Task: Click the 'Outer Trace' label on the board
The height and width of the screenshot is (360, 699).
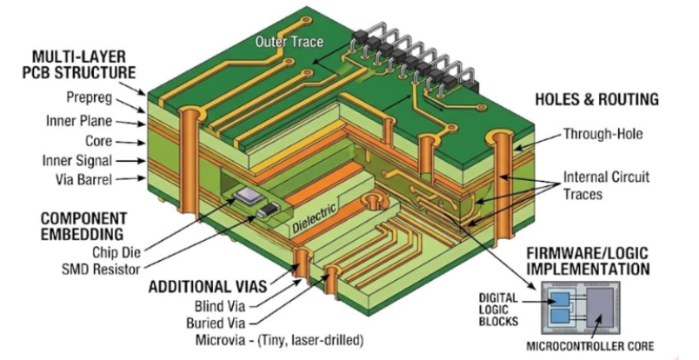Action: coord(289,42)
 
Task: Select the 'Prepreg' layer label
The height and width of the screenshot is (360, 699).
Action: coord(90,97)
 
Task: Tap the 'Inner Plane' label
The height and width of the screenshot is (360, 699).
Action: coord(79,122)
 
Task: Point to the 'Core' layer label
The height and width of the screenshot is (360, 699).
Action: coord(98,141)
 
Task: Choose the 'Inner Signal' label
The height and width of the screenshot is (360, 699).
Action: coord(77,161)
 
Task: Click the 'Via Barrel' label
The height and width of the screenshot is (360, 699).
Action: coord(83,179)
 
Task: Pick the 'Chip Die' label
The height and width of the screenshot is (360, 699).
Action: coord(116,252)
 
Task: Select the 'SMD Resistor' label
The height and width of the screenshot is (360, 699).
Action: coord(101,270)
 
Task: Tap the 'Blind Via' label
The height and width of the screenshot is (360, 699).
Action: coord(220,306)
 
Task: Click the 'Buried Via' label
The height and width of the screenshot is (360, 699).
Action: coord(216,323)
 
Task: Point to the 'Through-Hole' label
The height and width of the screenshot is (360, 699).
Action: coord(602,133)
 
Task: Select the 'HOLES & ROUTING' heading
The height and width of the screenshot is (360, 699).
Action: coord(596,99)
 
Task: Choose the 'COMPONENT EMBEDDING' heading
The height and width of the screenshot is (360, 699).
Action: coord(83,226)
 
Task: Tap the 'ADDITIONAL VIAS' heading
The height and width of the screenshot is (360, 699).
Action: coord(207,286)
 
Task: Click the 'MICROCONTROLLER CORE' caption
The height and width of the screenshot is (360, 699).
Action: coord(590,346)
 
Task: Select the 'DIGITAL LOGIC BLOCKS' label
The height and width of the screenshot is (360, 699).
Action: coord(498,310)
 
